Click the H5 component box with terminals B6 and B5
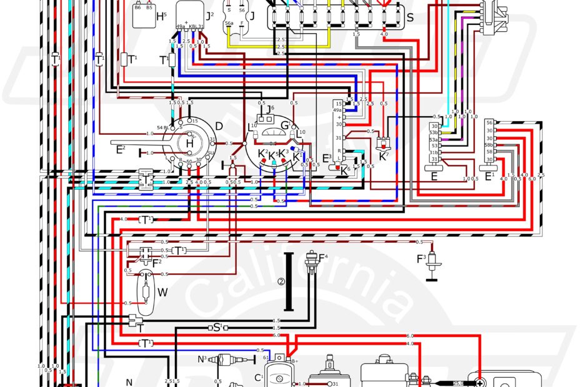coord(143,15)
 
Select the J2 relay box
coord(191,14)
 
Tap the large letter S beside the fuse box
coord(410,17)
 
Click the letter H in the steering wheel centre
coord(189,144)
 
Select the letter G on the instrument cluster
coord(286,125)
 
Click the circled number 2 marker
coord(281,282)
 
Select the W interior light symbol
coord(146,291)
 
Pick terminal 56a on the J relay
coord(229,23)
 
